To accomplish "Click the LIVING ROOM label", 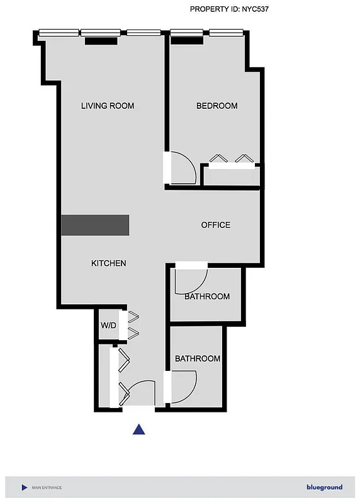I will click(x=108, y=106).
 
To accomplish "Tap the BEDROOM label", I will click(x=217, y=106).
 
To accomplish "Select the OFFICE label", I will click(x=215, y=225).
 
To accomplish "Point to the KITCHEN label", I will click(x=109, y=263).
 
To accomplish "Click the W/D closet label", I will click(x=108, y=326).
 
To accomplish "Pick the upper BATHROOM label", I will click(x=206, y=296).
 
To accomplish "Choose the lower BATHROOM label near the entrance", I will click(x=197, y=359).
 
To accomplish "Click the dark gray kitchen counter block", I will click(x=95, y=225).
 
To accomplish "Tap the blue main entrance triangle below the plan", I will click(x=139, y=429).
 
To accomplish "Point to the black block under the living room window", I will click(x=101, y=41).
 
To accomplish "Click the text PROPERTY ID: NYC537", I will click(x=230, y=9).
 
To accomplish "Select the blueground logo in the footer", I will click(x=324, y=487).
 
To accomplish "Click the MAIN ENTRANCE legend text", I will click(x=47, y=488).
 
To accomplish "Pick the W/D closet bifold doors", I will click(x=134, y=325).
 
